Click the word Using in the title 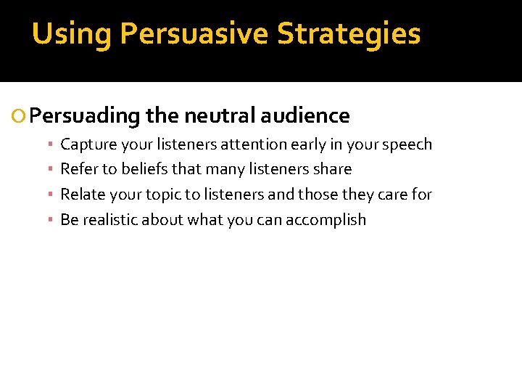(72, 34)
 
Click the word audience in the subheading (305, 115)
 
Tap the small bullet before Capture (52, 144)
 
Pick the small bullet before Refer (52, 170)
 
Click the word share (332, 169)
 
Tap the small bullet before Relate (52, 195)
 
